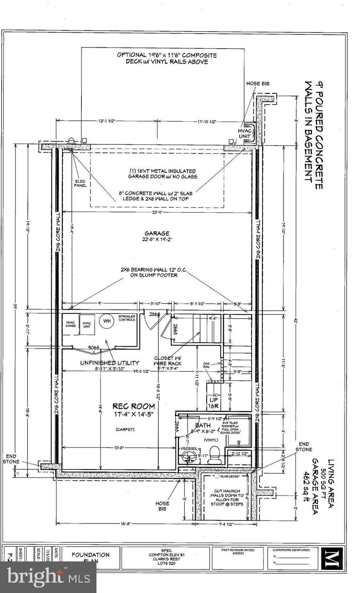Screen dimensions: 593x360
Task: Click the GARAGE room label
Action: pyautogui.click(x=157, y=233)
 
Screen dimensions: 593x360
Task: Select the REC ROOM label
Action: pyautogui.click(x=134, y=406)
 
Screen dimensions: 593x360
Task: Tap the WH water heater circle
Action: pyautogui.click(x=107, y=321)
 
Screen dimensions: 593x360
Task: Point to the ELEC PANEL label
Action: pyautogui.click(x=80, y=183)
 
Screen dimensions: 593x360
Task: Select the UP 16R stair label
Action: pyautogui.click(x=213, y=403)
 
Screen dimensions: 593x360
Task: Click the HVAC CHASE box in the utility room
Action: pyautogui.click(x=70, y=324)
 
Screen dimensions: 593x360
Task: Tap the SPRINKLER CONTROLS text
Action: pyautogui.click(x=127, y=318)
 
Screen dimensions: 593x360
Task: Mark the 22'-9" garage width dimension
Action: pyautogui.click(x=157, y=212)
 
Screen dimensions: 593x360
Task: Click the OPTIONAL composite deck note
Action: pyautogui.click(x=167, y=58)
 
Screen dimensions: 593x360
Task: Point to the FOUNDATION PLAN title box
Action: pyautogui.click(x=90, y=557)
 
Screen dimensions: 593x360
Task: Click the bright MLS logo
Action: pyautogui.click(x=48, y=577)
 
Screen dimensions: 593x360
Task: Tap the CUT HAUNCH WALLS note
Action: pyautogui.click(x=227, y=497)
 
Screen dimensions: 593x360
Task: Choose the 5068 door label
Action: pyautogui.click(x=94, y=347)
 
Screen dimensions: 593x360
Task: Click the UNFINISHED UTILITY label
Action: pyautogui.click(x=110, y=363)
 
